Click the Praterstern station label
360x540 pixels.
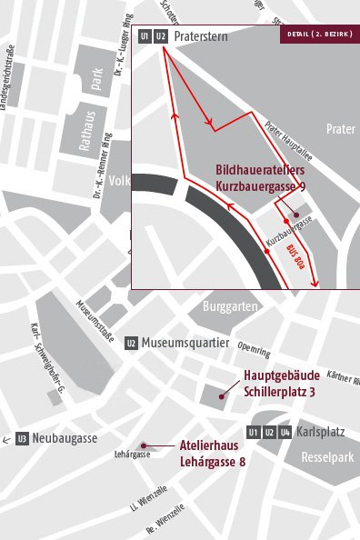click(x=201, y=36)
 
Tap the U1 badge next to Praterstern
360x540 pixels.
click(x=145, y=36)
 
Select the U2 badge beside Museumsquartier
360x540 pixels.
click(x=132, y=343)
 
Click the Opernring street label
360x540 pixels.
click(x=253, y=349)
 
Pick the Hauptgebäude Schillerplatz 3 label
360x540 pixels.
click(x=280, y=384)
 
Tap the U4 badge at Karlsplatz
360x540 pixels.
click(x=285, y=432)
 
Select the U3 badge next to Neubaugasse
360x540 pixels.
click(x=22, y=439)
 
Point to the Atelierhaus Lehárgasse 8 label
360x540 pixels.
click(x=215, y=455)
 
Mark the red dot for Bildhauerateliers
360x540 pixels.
click(x=285, y=219)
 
